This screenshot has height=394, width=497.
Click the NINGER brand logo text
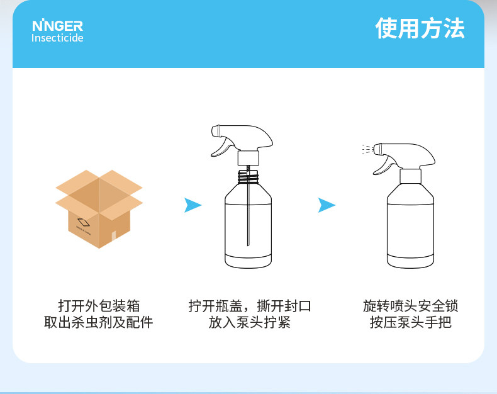(x=57, y=26)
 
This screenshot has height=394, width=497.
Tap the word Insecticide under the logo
(x=57, y=38)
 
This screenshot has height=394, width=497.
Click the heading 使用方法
(x=420, y=28)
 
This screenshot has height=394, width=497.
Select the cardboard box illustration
(x=99, y=208)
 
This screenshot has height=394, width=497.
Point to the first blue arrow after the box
(x=193, y=205)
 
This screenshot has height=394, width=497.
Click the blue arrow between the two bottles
(x=327, y=205)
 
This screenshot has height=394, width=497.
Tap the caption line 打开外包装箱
(x=99, y=307)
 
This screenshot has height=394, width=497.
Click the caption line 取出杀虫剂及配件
(x=99, y=324)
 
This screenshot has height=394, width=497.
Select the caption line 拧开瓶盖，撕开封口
(x=250, y=307)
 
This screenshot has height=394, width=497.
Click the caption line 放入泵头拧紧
(x=250, y=324)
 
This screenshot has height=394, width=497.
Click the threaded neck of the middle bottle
(x=249, y=176)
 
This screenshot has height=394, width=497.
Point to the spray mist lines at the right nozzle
(x=366, y=150)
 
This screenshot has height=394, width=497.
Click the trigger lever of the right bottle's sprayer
(x=381, y=166)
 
